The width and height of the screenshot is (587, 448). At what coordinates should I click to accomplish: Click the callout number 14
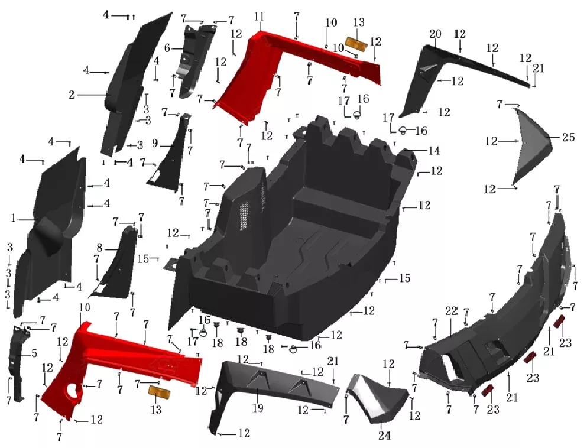[x=434, y=151]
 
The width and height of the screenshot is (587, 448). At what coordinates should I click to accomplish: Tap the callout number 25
[x=568, y=137]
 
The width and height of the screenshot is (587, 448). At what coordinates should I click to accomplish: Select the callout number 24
[x=384, y=435]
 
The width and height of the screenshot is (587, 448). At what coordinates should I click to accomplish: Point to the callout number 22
[x=452, y=311]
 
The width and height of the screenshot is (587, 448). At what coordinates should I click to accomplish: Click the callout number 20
[x=435, y=34]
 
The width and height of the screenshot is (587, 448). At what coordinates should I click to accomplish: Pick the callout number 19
[x=258, y=408]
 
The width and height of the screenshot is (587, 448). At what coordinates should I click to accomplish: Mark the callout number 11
[x=259, y=17]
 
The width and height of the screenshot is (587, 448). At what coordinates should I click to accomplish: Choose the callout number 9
[x=155, y=144]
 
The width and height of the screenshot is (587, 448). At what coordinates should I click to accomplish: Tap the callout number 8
[x=99, y=248]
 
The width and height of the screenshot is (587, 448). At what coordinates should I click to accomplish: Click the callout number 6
[x=167, y=48]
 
